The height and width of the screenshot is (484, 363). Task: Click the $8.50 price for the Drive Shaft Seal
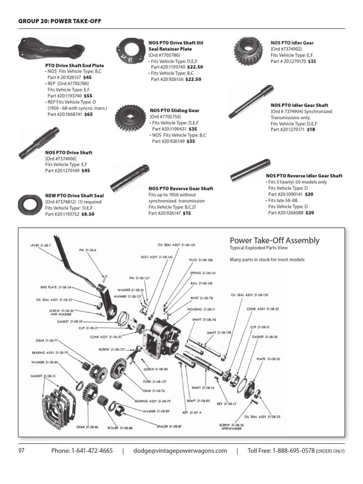point(88,214)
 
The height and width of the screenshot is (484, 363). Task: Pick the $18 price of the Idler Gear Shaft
point(311,129)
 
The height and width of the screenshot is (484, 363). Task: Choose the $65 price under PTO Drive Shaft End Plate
point(89,114)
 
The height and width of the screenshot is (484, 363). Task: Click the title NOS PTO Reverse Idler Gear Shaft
point(304,176)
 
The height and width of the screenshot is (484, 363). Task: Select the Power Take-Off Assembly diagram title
point(274,241)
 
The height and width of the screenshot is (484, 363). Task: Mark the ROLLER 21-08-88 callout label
point(119,428)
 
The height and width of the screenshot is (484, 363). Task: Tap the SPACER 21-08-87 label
point(169,426)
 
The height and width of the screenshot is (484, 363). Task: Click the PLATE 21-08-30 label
point(268,359)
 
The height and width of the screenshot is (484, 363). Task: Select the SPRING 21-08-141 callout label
point(202,273)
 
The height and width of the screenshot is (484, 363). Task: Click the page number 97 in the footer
point(21,450)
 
